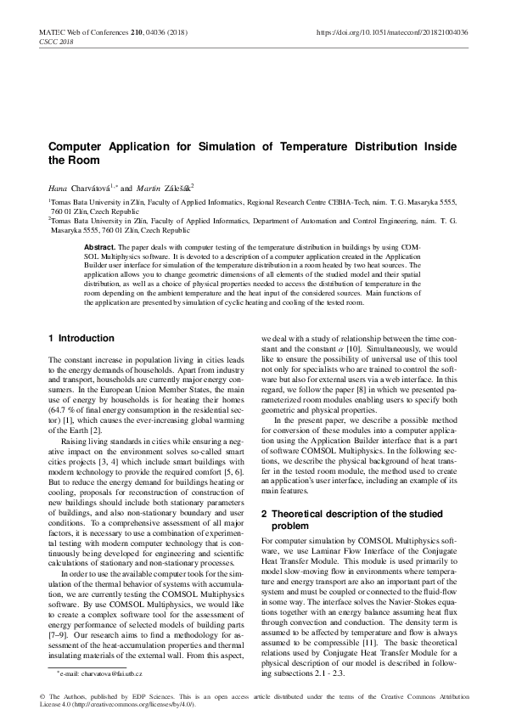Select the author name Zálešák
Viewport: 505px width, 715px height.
[x=171, y=185]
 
